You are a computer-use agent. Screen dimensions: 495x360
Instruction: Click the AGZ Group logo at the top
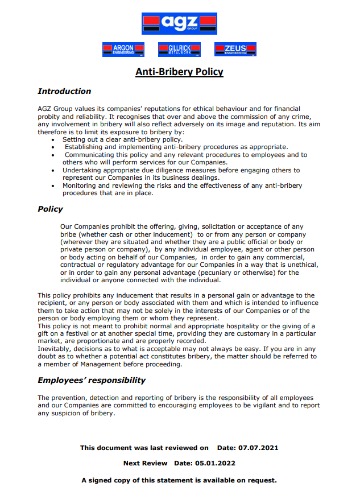(x=179, y=23)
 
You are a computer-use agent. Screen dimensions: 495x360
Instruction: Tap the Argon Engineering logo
(x=123, y=49)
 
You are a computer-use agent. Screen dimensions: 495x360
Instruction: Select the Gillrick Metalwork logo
(x=179, y=49)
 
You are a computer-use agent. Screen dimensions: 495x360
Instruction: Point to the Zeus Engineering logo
(x=235, y=49)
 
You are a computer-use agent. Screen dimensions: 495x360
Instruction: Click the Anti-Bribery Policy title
(x=179, y=72)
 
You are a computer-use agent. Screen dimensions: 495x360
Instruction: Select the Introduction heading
(x=64, y=91)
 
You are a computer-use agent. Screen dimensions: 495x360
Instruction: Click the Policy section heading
(x=50, y=209)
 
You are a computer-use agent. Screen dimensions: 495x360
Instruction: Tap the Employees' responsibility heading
(x=92, y=380)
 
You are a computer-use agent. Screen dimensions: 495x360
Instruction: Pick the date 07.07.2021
(x=259, y=448)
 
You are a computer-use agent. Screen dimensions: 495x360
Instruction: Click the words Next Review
(x=146, y=463)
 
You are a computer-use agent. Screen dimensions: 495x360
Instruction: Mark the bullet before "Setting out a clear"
(x=53, y=139)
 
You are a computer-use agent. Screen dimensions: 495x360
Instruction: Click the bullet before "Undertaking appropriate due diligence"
(x=53, y=170)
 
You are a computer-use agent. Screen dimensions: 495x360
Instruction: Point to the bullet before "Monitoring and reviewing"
(x=53, y=185)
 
